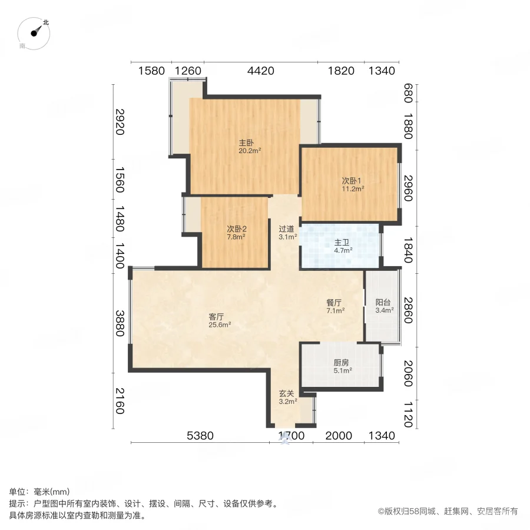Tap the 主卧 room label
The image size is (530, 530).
coord(246,143)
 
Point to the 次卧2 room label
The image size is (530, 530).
coord(236,229)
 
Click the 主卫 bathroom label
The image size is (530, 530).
coord(343,242)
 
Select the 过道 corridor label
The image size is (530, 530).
coord(287,229)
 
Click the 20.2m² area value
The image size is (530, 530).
coord(249,151)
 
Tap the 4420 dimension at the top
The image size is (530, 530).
coord(260,71)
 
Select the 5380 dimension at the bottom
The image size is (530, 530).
coord(200,436)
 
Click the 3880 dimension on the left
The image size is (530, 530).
coord(120,323)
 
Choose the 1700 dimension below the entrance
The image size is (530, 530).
coord(291,436)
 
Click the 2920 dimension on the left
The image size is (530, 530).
coord(120,122)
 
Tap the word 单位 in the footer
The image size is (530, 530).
coord(18,492)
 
